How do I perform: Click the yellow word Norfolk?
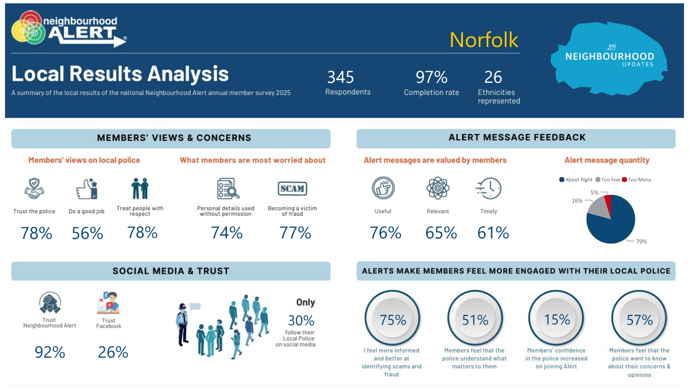coord(484,40)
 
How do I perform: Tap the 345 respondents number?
coord(340,77)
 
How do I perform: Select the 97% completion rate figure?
coord(432,77)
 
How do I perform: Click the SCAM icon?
coord(292,188)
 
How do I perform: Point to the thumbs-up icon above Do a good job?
coord(87,188)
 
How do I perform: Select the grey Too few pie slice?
coord(599,208)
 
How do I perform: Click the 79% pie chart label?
coord(641,241)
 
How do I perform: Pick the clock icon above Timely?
coord(488,188)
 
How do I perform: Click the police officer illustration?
coord(183,324)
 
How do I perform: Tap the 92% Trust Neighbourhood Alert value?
coord(50,352)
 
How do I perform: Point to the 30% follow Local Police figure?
coord(301,320)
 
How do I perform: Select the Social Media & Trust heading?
coord(171,271)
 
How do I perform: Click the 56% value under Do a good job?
coord(87,233)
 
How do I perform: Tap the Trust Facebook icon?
coord(108,303)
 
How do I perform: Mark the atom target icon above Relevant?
coord(438,188)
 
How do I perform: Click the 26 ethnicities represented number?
coord(493,77)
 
